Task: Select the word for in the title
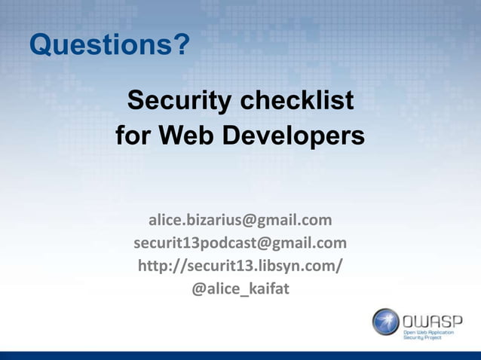(x=133, y=137)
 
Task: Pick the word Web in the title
(x=192, y=137)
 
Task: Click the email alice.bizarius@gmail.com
(x=240, y=221)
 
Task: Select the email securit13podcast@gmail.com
(x=240, y=243)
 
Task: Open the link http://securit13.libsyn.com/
(x=240, y=266)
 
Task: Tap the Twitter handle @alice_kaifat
(x=240, y=288)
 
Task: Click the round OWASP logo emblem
(x=385, y=322)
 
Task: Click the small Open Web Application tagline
(x=430, y=331)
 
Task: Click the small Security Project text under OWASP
(x=423, y=338)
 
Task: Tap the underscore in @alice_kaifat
(x=240, y=292)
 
